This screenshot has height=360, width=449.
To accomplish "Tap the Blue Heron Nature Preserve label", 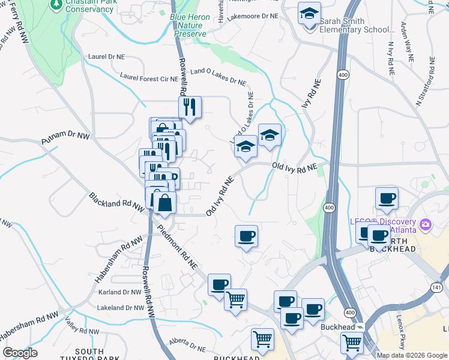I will tap(191, 25).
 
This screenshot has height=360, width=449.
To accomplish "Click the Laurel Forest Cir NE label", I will tap(149, 77).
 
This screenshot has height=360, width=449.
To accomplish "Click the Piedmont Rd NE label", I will tap(177, 247).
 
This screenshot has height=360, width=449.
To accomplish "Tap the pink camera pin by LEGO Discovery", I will tap(426, 225).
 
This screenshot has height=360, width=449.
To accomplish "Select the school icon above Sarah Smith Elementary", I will tap(309, 13).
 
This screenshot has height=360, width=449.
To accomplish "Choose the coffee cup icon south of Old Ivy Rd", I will tap(246, 236).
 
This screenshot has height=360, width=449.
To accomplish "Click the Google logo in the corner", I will tap(20, 353).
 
